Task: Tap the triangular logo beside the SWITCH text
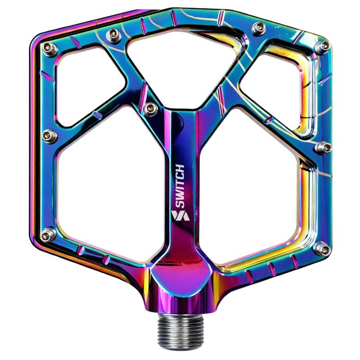180,216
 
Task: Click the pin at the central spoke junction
151,108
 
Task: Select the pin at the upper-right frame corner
322,45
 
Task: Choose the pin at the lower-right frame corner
321,247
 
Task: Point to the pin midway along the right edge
323,147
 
